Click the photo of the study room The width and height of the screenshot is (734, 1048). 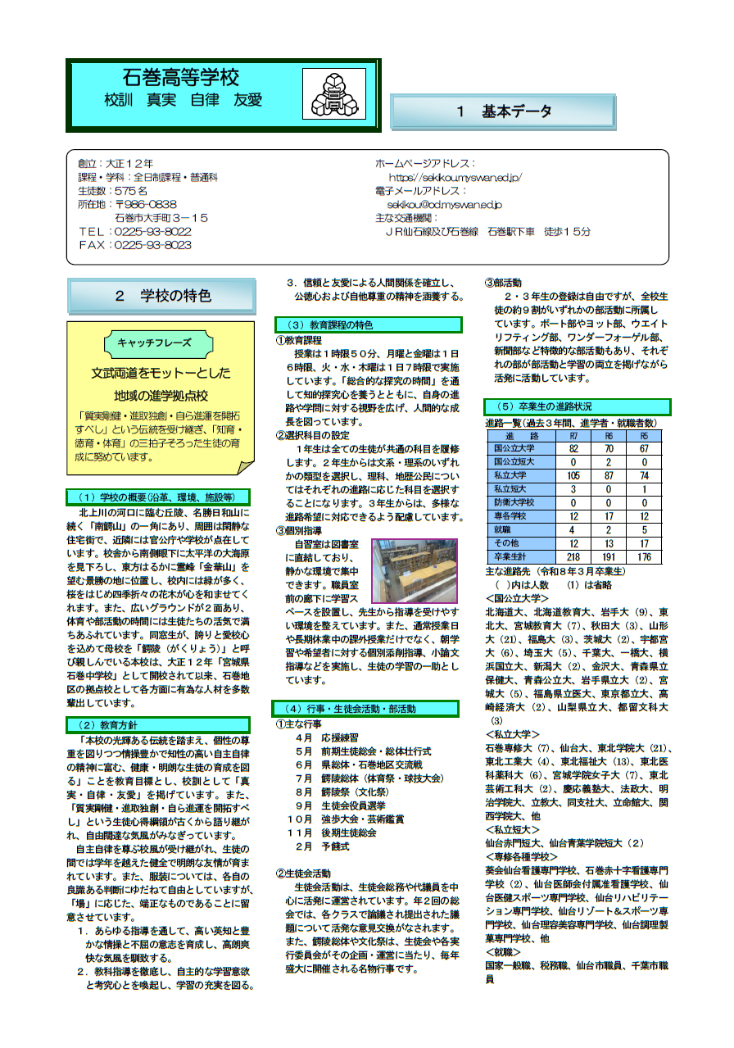pos(414,570)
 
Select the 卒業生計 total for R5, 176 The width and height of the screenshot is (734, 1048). pos(645,556)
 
